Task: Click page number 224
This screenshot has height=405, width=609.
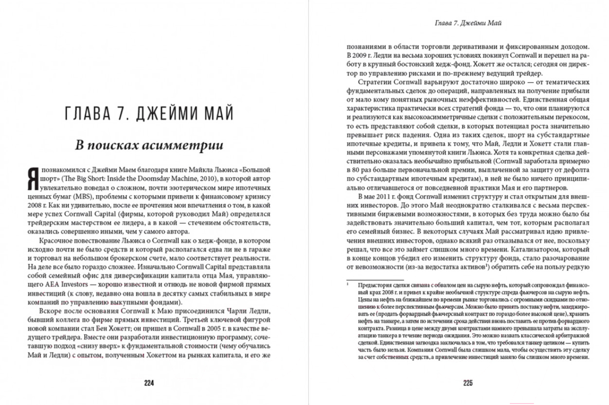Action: coord(149,383)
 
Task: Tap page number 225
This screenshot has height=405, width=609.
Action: coord(468,383)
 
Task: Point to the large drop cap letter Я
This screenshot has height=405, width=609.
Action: coord(33,180)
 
